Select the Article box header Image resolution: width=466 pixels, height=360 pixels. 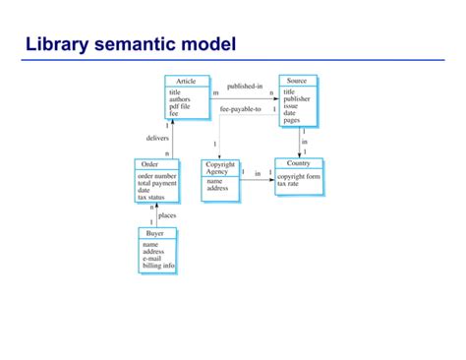(185, 81)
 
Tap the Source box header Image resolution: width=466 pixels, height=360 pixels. (297, 81)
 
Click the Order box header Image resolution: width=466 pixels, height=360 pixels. (150, 164)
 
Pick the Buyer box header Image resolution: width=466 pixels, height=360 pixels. (155, 234)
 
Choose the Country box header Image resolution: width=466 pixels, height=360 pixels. (298, 162)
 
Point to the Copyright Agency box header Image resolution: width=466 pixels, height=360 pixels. (220, 168)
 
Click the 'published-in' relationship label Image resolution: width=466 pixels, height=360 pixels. (244, 87)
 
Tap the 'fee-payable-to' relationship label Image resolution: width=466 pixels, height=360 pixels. (241, 109)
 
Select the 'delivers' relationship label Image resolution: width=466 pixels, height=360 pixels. (157, 139)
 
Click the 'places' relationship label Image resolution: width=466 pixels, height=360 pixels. (167, 214)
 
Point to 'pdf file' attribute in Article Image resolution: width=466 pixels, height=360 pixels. (182, 106)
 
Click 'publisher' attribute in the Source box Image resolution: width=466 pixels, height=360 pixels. (297, 99)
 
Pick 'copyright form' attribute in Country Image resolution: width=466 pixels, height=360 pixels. (299, 177)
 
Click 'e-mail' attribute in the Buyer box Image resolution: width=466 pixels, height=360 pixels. (153, 259)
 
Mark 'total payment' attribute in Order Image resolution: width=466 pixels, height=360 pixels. (157, 183)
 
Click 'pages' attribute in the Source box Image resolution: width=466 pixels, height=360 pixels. (292, 120)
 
